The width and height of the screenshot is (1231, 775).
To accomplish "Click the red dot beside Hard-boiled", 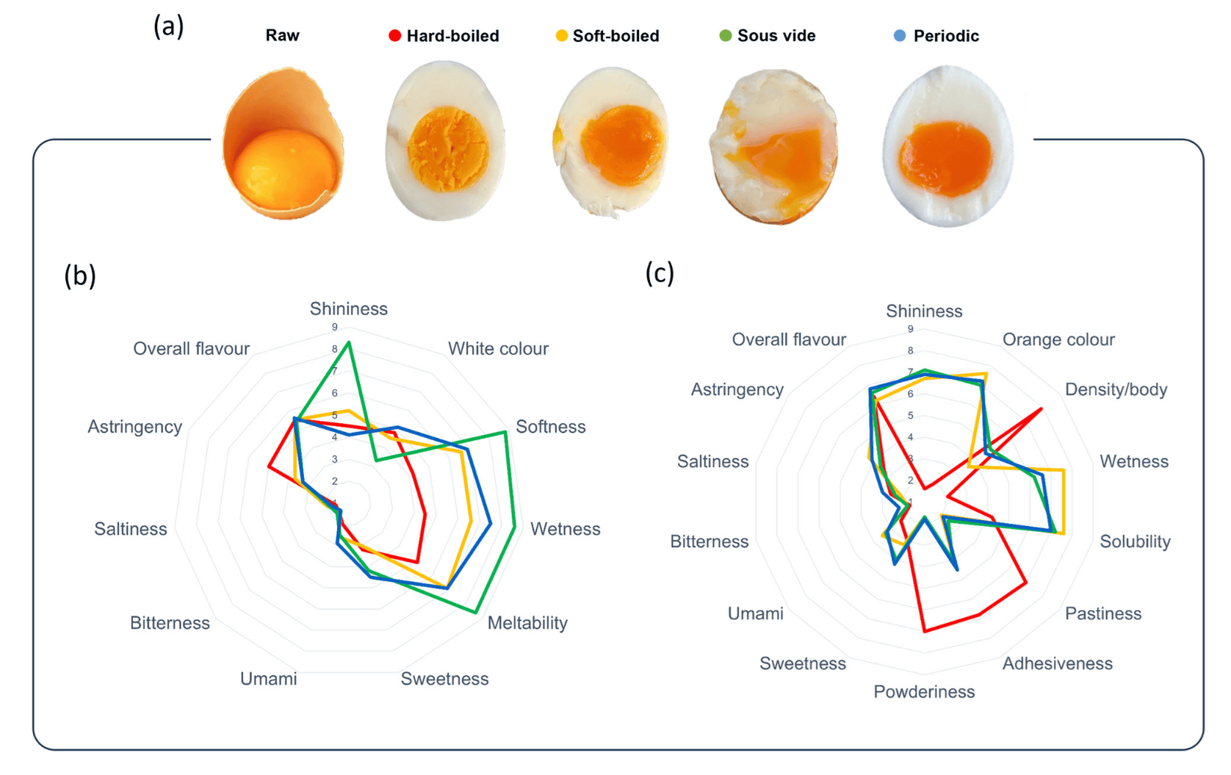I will click(x=394, y=36).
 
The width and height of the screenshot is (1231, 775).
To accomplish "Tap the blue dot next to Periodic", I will click(x=900, y=36).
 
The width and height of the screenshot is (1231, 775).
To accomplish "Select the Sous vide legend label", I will click(x=776, y=36).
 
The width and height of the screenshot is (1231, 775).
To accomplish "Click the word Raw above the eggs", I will click(x=282, y=36).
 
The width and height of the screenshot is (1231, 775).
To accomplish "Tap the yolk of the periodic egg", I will click(x=946, y=157).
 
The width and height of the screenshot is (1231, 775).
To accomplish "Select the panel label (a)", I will click(x=168, y=27).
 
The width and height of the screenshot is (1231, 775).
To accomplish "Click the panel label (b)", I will click(x=80, y=275).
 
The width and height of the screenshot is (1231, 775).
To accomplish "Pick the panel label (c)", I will click(x=660, y=273).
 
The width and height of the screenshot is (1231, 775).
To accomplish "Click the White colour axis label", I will click(x=498, y=349).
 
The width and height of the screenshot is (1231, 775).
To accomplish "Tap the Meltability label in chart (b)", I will click(x=527, y=623).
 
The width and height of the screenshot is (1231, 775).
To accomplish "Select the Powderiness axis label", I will click(x=924, y=692).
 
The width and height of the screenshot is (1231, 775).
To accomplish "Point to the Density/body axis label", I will click(x=1116, y=389).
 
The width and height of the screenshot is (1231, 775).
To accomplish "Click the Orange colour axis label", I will click(x=1058, y=339).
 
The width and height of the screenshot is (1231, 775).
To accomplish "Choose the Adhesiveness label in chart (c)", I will click(x=1057, y=664).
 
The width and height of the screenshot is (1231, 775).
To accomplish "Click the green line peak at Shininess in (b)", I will click(x=349, y=342).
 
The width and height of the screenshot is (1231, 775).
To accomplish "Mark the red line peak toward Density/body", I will click(x=1041, y=408).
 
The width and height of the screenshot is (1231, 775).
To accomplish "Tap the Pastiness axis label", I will click(x=1102, y=614).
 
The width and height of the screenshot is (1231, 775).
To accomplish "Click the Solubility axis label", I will click(x=1135, y=542).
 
